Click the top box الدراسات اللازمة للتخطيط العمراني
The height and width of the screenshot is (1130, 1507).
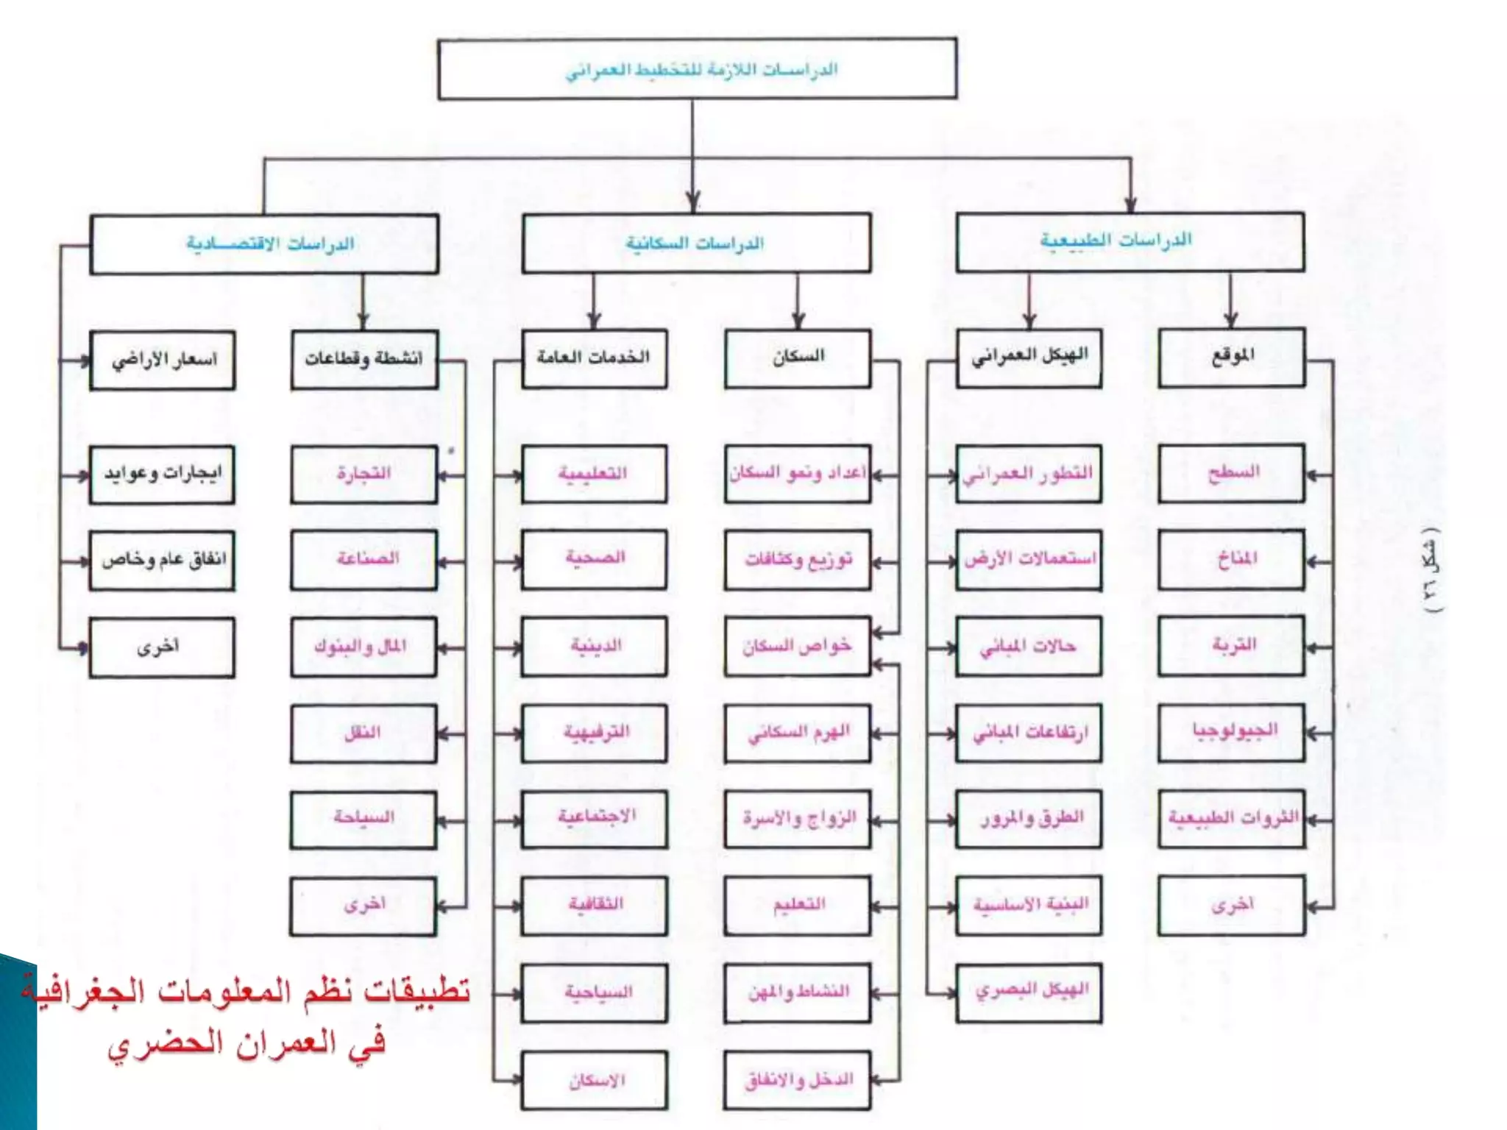[x=697, y=69]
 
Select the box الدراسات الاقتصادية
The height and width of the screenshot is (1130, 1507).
[x=264, y=244]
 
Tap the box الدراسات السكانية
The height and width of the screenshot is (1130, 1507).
[x=696, y=244]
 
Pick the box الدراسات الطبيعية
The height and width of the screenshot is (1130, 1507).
[x=1130, y=242]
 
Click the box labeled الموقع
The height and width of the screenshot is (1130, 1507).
[x=1232, y=358]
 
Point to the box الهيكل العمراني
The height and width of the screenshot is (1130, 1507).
[x=1029, y=358]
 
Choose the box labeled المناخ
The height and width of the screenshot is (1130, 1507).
[x=1232, y=560]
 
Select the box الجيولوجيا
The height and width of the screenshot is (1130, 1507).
[x=1232, y=733]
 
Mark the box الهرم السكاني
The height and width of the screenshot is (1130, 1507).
[x=798, y=733]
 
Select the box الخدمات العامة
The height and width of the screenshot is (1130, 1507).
[x=595, y=358]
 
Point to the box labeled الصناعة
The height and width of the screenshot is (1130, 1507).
[x=364, y=560]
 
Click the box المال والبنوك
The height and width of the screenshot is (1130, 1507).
[x=364, y=647]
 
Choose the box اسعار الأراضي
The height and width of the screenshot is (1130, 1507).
[x=163, y=360]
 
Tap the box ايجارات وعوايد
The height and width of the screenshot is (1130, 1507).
[x=163, y=475]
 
